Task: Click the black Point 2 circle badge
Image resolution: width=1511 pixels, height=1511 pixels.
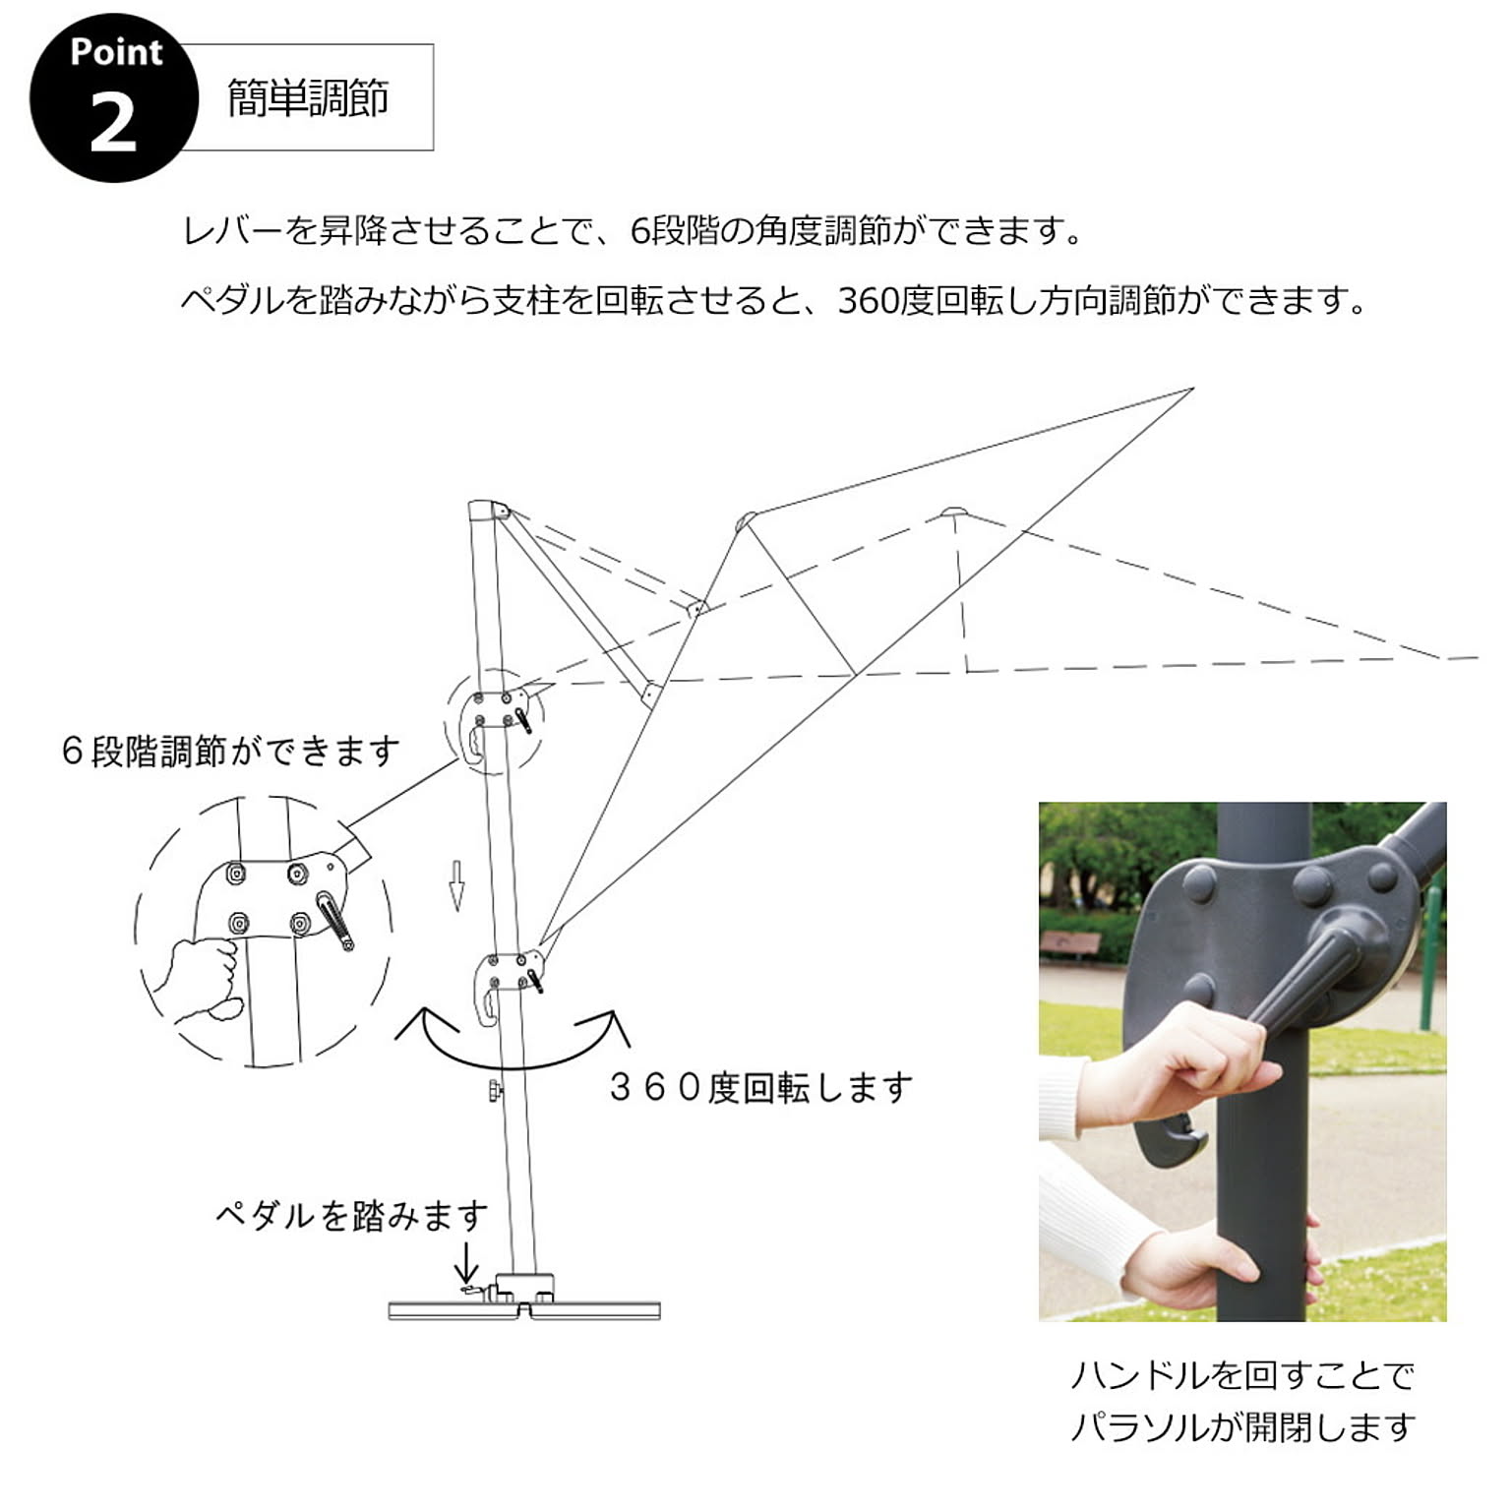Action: (113, 97)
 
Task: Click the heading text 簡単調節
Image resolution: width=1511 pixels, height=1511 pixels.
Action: (308, 98)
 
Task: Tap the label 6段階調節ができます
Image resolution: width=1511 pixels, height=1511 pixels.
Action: (230, 752)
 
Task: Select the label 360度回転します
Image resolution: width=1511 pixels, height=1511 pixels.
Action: (760, 1088)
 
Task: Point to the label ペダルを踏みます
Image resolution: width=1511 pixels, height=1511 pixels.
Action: (351, 1216)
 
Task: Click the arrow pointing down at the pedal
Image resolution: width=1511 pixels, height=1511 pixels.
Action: (466, 1262)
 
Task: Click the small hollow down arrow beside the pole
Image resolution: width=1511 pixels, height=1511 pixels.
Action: (456, 885)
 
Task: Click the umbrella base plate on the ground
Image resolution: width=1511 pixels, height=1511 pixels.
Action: (524, 1309)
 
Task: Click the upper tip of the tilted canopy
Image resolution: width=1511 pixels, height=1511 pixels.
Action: (1192, 390)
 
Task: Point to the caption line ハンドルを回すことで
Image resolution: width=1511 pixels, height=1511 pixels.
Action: (1241, 1374)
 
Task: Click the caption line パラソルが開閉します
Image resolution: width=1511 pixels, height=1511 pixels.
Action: (1242, 1425)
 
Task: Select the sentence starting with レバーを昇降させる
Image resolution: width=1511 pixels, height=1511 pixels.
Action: (633, 231)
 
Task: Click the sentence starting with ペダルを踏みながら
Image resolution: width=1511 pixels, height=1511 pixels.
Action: (773, 300)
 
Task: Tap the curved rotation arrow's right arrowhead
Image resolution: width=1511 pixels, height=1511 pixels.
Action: (607, 1025)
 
